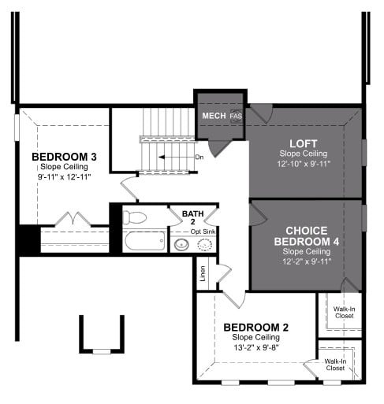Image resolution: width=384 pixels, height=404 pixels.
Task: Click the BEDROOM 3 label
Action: click(64, 157)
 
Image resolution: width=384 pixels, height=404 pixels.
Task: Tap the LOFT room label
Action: click(304, 143)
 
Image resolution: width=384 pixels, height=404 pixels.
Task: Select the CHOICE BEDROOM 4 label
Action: click(307, 236)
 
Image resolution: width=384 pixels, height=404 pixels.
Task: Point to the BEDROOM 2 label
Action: click(255, 328)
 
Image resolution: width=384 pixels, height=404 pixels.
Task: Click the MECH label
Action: click(214, 116)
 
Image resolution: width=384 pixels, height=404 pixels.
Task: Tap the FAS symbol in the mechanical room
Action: click(236, 116)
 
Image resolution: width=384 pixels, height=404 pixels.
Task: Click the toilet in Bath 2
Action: click(134, 217)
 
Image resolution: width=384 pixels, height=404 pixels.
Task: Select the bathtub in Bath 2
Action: click(145, 241)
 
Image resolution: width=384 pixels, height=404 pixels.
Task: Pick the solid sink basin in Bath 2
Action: click(181, 245)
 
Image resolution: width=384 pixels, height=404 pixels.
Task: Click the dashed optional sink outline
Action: click(205, 245)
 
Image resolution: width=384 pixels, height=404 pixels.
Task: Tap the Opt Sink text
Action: click(203, 232)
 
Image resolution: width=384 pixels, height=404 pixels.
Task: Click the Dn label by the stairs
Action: click(199, 158)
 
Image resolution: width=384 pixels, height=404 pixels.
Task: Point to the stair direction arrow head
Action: click(162, 158)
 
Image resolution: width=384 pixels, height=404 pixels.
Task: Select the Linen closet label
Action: click(203, 273)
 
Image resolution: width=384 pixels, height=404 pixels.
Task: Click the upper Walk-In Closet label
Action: click(344, 313)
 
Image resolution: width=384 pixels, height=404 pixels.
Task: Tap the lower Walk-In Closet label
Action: click(335, 365)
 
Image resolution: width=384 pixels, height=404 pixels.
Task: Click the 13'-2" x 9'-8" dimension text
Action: click(256, 347)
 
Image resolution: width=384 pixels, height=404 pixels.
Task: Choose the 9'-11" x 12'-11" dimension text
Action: click(64, 176)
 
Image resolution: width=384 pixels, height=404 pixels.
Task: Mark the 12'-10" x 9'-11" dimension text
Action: click(304, 164)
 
